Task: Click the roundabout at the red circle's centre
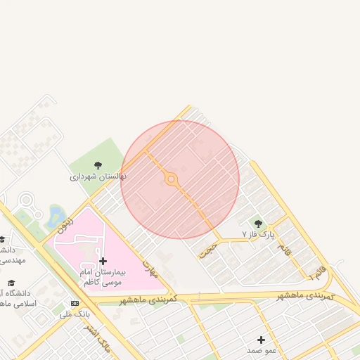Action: pos(171,179)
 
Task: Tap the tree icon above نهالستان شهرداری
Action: pos(98,165)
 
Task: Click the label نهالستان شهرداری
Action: pos(98,176)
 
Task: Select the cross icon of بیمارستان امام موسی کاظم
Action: pos(103,261)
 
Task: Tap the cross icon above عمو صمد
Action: pos(261,340)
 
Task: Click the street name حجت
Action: pos(205,250)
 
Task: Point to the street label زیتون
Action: pos(64,224)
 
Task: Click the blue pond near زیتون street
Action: pos(54,217)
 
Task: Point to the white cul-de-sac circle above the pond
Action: pos(27,200)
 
